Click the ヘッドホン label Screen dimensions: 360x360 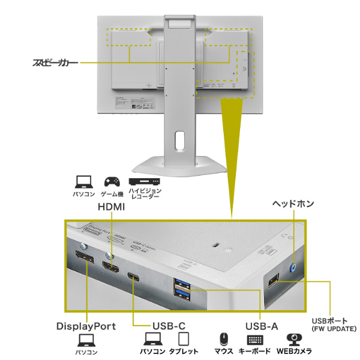click(293, 204)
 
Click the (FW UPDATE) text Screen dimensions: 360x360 click(334, 329)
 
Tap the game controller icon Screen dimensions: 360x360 click(112, 181)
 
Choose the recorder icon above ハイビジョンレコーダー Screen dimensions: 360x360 click(144, 181)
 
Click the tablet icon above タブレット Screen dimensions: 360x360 click(184, 340)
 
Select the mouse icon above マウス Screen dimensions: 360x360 click(223, 340)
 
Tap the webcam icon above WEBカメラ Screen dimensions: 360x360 click(293, 340)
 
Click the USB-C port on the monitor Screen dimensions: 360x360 click(133, 277)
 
